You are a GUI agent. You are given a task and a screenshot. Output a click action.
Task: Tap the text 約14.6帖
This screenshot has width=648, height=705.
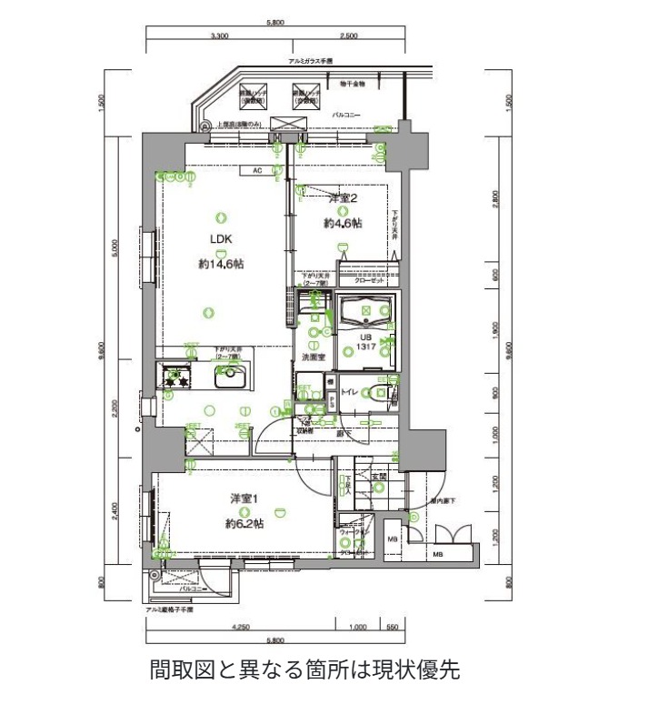coord(221,264)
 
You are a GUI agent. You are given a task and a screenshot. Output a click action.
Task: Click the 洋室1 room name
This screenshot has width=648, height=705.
coord(244,499)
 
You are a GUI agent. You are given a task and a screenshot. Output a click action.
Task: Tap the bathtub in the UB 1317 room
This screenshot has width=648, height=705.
coord(366,312)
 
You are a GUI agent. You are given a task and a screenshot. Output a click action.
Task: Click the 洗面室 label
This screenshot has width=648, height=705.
coord(313,358)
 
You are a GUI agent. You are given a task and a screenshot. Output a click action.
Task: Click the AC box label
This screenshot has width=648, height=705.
coord(257,170)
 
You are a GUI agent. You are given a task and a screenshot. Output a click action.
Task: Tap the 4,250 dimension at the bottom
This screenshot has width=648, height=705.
coord(241,627)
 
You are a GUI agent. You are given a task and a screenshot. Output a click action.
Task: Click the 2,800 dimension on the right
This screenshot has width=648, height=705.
coord(495,195)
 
